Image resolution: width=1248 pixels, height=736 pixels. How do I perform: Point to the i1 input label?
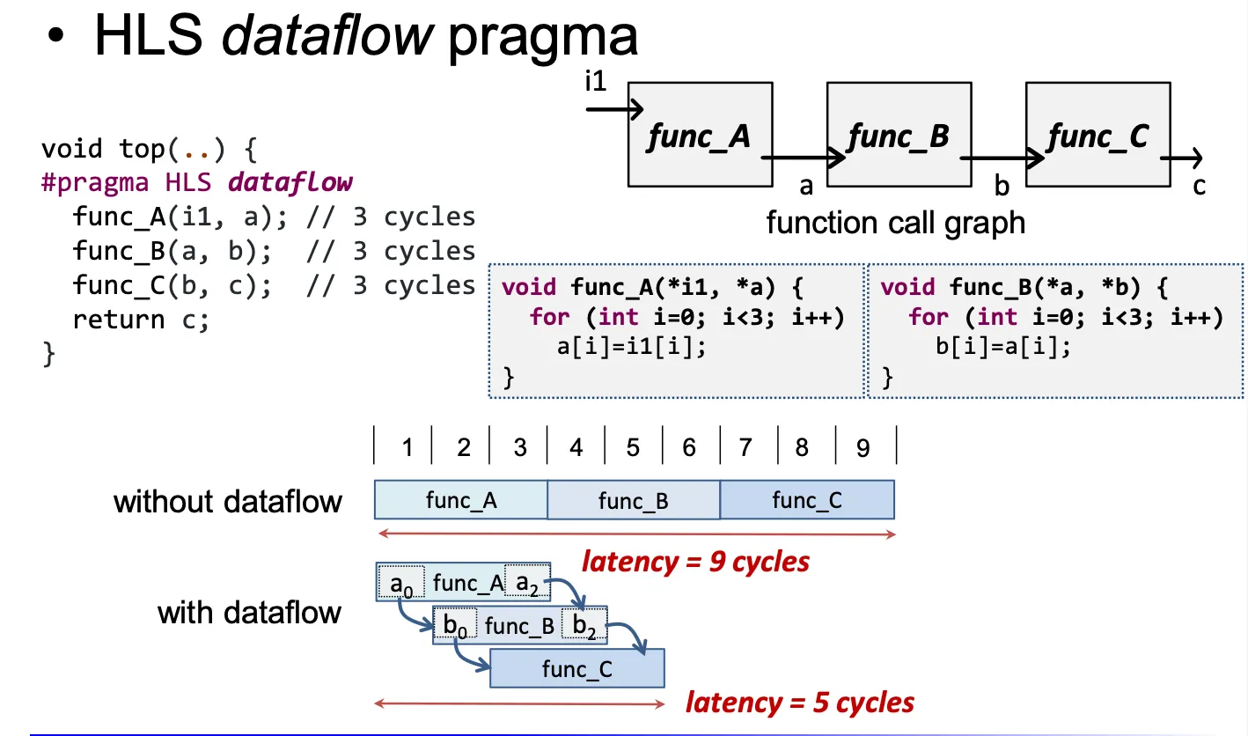pyautogui.click(x=596, y=83)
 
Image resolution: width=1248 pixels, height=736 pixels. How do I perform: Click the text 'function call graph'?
pyautogui.click(x=896, y=223)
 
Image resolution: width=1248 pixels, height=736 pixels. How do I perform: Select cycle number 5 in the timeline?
pyautogui.click(x=633, y=448)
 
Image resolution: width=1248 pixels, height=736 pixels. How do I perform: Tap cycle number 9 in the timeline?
pyautogui.click(x=863, y=448)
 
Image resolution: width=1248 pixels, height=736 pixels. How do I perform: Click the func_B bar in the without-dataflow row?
pyautogui.click(x=634, y=501)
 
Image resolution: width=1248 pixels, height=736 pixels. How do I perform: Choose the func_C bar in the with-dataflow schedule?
pyautogui.click(x=577, y=669)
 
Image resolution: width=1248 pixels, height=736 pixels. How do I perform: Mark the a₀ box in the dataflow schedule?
pyautogui.click(x=400, y=583)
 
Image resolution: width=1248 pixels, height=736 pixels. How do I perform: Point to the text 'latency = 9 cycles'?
pyautogui.click(x=695, y=561)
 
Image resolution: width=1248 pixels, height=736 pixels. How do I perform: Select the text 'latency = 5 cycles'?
pyautogui.click(x=800, y=703)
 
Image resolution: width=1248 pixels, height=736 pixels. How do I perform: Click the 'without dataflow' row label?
pyautogui.click(x=228, y=502)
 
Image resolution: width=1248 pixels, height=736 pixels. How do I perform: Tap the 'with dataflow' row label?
pyautogui.click(x=249, y=612)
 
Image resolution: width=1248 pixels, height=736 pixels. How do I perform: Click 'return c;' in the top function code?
pyautogui.click(x=141, y=320)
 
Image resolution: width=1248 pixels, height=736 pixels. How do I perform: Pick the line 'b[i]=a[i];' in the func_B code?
pyautogui.click(x=1003, y=346)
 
